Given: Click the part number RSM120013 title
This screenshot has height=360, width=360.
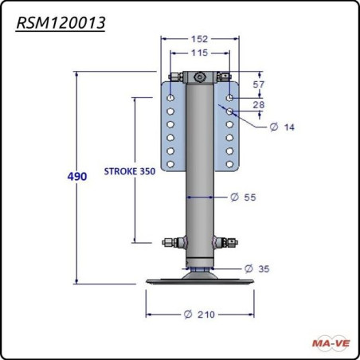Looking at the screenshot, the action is pos(61,23).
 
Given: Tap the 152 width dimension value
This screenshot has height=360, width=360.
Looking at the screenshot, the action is pos(199,39).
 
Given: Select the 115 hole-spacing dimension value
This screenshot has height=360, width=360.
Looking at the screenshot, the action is pos(199,53).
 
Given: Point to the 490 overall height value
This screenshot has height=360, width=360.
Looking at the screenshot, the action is pos(77,176).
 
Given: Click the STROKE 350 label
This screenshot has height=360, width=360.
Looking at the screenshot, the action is pos(130,171).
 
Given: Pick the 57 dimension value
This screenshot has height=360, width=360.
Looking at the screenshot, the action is pos(259,84).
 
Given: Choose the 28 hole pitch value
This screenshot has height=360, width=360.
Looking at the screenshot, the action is pos(259,104).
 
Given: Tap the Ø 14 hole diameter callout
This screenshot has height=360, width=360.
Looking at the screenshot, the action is pos(282,127).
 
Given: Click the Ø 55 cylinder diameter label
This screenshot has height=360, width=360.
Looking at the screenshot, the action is pos(243,198).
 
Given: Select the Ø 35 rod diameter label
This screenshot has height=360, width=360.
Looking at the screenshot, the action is pos(256,268).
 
